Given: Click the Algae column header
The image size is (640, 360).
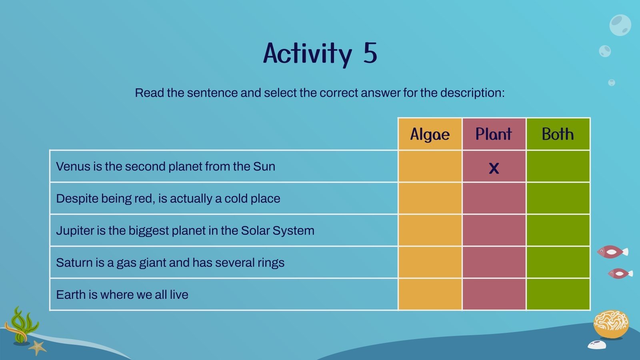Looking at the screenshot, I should (x=430, y=134).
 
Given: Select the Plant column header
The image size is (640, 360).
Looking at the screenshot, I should (x=494, y=134).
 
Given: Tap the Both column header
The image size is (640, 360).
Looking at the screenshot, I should (x=558, y=134).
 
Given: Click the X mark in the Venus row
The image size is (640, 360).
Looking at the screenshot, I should (x=494, y=168).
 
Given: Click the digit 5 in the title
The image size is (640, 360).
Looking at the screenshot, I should (x=370, y=53).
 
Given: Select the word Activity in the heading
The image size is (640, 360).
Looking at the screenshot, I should (x=307, y=54).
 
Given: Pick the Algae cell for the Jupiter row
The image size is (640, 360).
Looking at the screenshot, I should (x=430, y=230).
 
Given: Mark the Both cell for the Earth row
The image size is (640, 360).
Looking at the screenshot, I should (x=558, y=294).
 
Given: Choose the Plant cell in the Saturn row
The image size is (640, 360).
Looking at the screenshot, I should (x=494, y=262).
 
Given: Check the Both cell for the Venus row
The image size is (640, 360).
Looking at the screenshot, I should (x=558, y=166).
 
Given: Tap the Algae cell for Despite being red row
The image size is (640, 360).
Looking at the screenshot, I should (x=430, y=198).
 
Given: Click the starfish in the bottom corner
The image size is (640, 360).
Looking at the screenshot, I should (x=38, y=347).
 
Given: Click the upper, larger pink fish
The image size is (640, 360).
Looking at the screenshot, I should (x=612, y=252).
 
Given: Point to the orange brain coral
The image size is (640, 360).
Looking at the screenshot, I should (x=611, y=324).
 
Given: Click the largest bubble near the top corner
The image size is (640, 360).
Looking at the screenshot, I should (x=620, y=25).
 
